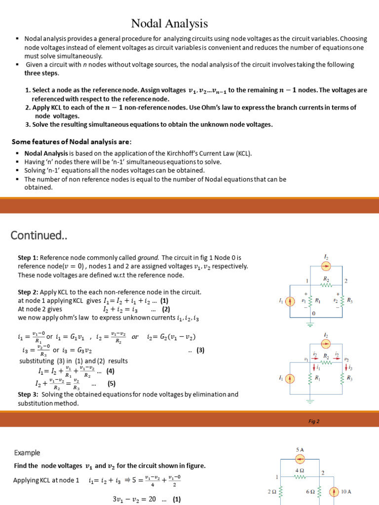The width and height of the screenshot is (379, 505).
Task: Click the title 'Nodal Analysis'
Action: [x=169, y=23]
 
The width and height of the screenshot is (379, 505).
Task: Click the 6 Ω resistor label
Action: [x=310, y=492]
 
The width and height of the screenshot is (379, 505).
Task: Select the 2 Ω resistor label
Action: [x=271, y=492]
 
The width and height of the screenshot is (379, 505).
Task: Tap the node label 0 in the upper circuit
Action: [x=313, y=313]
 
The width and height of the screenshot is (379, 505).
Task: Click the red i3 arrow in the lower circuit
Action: [x=345, y=367]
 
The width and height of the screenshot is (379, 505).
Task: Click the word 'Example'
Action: [x=27, y=453]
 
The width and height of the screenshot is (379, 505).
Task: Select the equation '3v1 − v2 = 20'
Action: [x=135, y=499]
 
